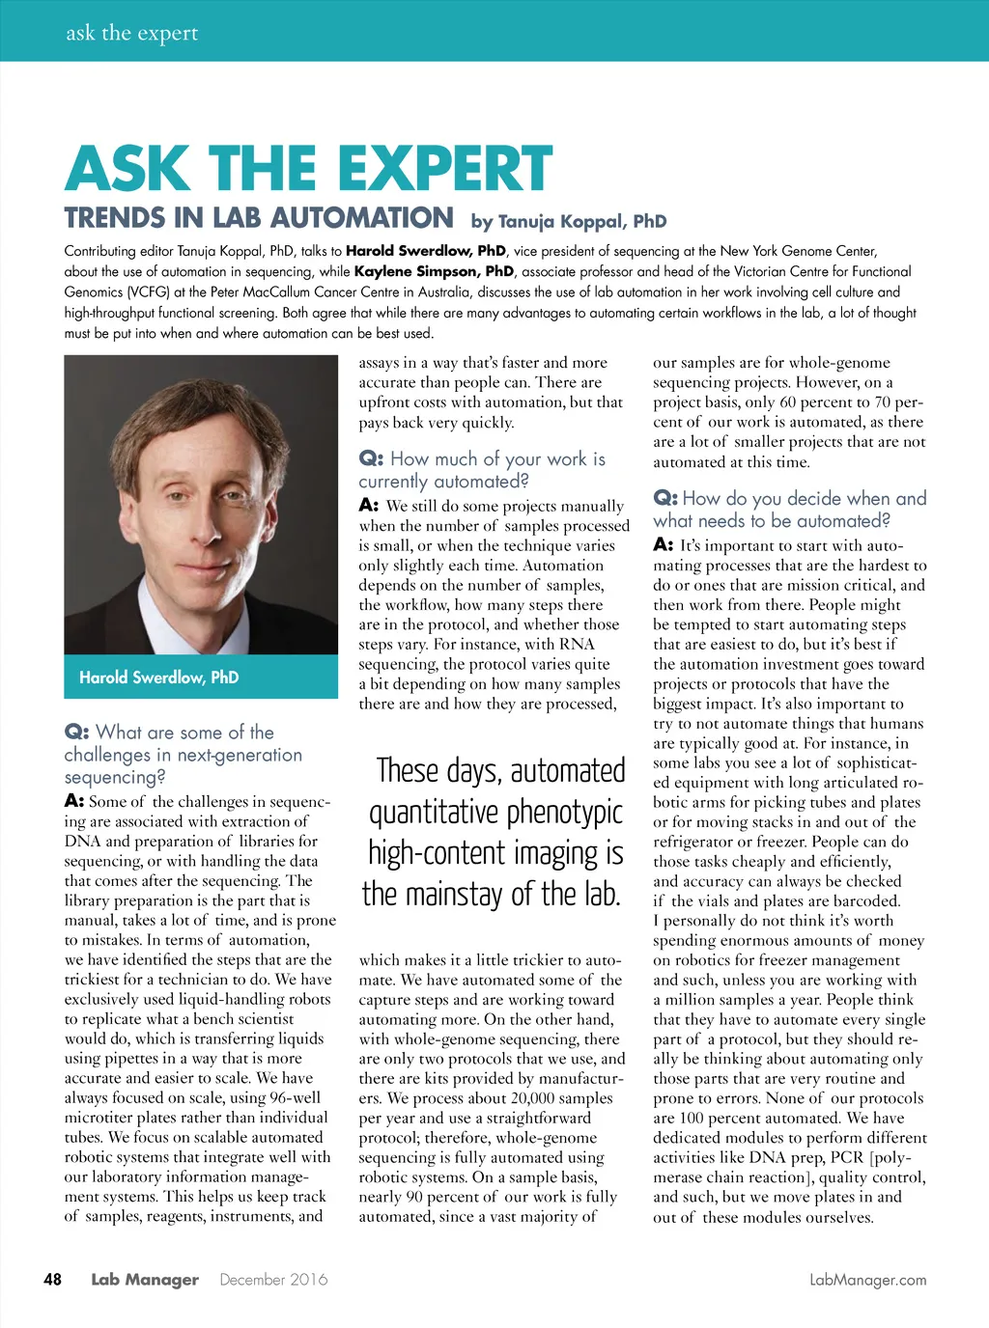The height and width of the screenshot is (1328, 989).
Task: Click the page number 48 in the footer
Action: [x=52, y=1280]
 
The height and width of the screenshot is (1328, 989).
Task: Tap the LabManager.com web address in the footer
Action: [x=867, y=1280]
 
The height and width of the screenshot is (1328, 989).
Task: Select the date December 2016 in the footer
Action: [x=273, y=1280]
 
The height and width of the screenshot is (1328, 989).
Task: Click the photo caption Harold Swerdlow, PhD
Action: [x=158, y=678]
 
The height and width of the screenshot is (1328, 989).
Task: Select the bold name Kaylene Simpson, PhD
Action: [x=434, y=272]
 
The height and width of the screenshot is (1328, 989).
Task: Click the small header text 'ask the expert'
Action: [x=131, y=33]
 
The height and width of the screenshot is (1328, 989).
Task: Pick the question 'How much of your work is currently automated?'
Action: [x=482, y=470]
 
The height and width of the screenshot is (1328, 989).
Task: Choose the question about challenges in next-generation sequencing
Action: [x=183, y=755]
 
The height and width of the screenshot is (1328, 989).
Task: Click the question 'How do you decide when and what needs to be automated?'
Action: [x=789, y=510]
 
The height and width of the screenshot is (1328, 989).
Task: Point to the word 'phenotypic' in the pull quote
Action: [x=565, y=813]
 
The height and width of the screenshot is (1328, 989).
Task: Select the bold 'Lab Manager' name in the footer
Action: [x=145, y=1280]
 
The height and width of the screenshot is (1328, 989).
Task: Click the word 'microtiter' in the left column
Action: [x=99, y=1118]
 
